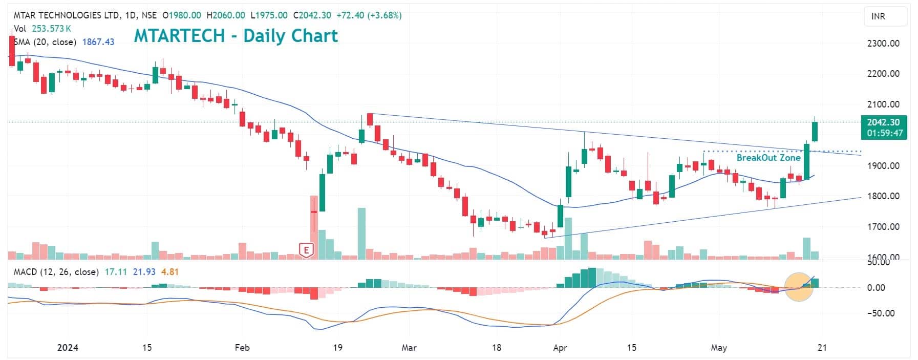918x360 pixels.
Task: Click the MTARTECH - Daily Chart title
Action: [x=236, y=36]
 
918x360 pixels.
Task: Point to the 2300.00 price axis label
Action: [x=883, y=44]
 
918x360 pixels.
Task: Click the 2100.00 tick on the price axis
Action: [x=883, y=104]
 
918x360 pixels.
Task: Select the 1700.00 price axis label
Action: [x=883, y=227]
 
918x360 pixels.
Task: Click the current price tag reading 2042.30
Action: [x=883, y=122]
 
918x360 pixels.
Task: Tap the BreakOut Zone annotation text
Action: [x=768, y=158]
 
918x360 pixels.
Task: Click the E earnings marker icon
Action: [x=306, y=250]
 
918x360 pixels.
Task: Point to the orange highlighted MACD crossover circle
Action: [x=799, y=287]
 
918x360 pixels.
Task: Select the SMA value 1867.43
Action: [x=98, y=42]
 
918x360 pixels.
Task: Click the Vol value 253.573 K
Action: [x=51, y=29]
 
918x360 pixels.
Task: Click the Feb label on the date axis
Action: [x=242, y=348]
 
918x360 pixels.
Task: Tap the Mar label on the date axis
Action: [x=409, y=348]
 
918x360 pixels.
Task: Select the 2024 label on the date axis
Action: [x=68, y=348]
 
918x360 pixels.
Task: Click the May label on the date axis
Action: [x=719, y=348]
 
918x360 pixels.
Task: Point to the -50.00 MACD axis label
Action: [x=881, y=313]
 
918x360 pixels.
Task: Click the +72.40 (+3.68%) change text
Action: [x=369, y=15]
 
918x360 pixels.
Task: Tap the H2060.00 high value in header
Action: [x=226, y=15]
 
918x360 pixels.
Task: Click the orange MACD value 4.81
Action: [x=170, y=272]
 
